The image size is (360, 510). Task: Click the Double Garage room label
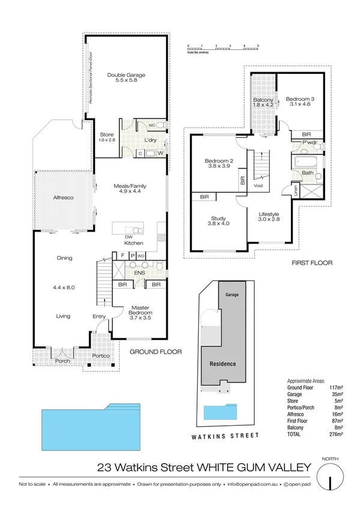(x=126, y=78)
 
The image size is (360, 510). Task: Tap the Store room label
(x=106, y=137)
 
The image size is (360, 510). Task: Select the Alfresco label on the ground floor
(x=63, y=197)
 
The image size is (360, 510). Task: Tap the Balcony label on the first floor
(x=263, y=102)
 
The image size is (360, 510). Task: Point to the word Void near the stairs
(x=259, y=186)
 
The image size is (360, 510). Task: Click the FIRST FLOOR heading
(x=311, y=263)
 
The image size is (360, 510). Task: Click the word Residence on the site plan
(x=222, y=364)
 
